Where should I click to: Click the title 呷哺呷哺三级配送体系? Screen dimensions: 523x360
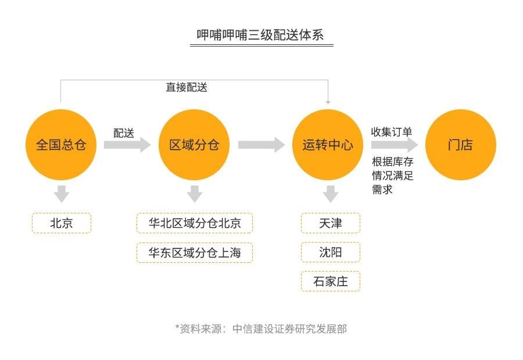(260, 35)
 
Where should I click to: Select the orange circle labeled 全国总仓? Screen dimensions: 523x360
(61, 145)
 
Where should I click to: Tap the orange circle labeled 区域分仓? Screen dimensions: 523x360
(194, 145)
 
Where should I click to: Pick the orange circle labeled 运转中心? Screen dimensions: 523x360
(328, 145)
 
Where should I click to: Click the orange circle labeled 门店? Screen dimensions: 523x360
(461, 145)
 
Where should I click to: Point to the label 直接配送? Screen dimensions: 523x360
(187, 87)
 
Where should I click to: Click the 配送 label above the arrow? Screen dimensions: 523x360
(124, 133)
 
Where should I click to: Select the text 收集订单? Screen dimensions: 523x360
(392, 131)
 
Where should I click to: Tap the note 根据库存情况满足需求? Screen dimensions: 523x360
(393, 175)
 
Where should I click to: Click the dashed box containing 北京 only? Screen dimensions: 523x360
(62, 223)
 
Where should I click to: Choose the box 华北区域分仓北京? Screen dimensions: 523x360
(195, 223)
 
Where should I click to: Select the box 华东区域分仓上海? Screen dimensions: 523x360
(195, 252)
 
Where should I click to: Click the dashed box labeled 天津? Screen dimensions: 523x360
(331, 223)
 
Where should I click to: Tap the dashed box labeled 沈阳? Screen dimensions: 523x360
(331, 252)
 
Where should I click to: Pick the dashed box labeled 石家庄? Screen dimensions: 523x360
(331, 281)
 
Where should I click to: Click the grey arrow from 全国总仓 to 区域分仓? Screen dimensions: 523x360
(127, 145)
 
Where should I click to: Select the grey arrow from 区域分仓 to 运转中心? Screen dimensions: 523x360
(261, 145)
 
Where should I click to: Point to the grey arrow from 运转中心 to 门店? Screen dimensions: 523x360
(395, 145)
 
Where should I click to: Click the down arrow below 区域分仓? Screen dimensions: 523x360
(195, 194)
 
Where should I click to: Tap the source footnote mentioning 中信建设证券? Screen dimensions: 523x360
(261, 329)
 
